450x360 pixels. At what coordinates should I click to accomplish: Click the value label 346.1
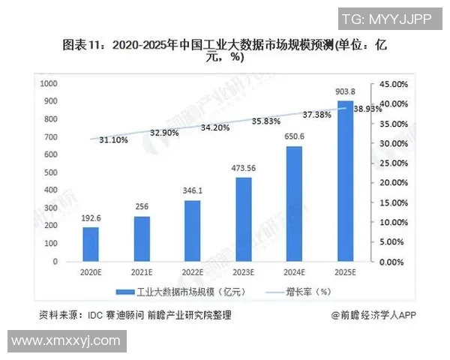[192, 192]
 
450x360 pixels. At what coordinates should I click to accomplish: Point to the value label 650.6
[294, 136]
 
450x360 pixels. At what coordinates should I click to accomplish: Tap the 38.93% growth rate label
[367, 109]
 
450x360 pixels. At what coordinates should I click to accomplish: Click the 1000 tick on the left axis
[49, 83]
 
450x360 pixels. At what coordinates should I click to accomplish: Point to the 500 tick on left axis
[52, 172]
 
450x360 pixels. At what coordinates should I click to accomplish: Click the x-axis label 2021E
[141, 272]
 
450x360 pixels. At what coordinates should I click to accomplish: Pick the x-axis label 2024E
[294, 272]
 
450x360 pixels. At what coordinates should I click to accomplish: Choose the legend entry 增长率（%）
[303, 292]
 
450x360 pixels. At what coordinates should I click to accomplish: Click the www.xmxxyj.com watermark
[66, 340]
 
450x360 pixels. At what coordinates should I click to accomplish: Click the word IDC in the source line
[103, 315]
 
